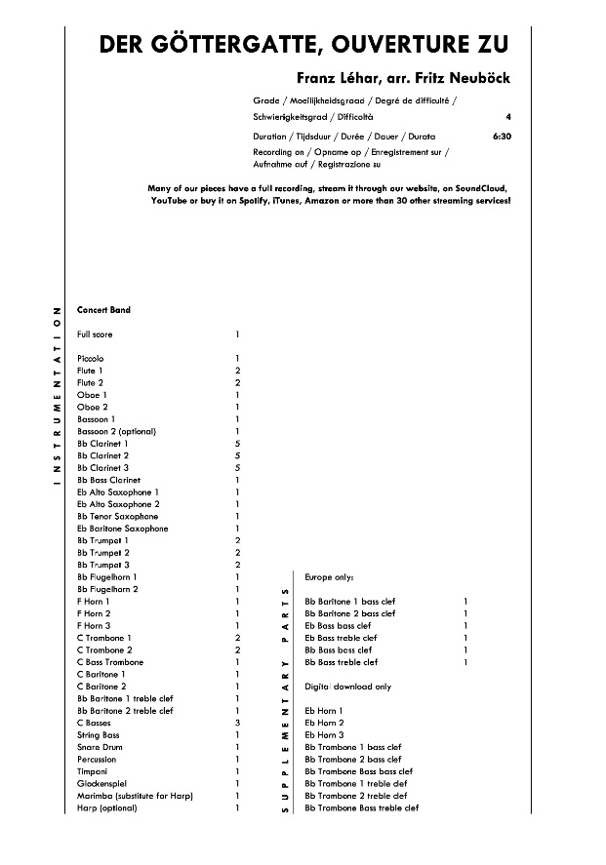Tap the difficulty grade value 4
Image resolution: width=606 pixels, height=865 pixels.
tap(508, 116)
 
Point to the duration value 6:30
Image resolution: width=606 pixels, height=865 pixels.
tap(503, 138)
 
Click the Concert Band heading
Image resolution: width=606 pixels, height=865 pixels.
tap(103, 310)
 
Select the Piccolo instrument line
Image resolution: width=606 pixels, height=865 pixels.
tap(91, 359)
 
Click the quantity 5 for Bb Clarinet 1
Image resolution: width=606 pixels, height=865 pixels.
tap(237, 444)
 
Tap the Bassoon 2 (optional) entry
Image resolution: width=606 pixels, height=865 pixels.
tap(116, 431)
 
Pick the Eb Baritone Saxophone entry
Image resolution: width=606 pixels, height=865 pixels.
tap(122, 529)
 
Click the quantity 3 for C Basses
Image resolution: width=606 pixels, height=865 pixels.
tap(237, 723)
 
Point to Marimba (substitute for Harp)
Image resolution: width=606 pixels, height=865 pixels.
tap(135, 796)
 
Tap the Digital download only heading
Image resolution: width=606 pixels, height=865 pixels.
tap(348, 687)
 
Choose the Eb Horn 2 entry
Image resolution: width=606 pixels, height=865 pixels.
tap(324, 723)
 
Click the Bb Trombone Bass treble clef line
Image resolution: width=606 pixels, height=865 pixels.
tap(361, 807)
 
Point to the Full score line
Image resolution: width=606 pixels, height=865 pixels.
tap(95, 334)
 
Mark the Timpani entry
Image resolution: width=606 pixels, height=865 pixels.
tap(93, 771)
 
